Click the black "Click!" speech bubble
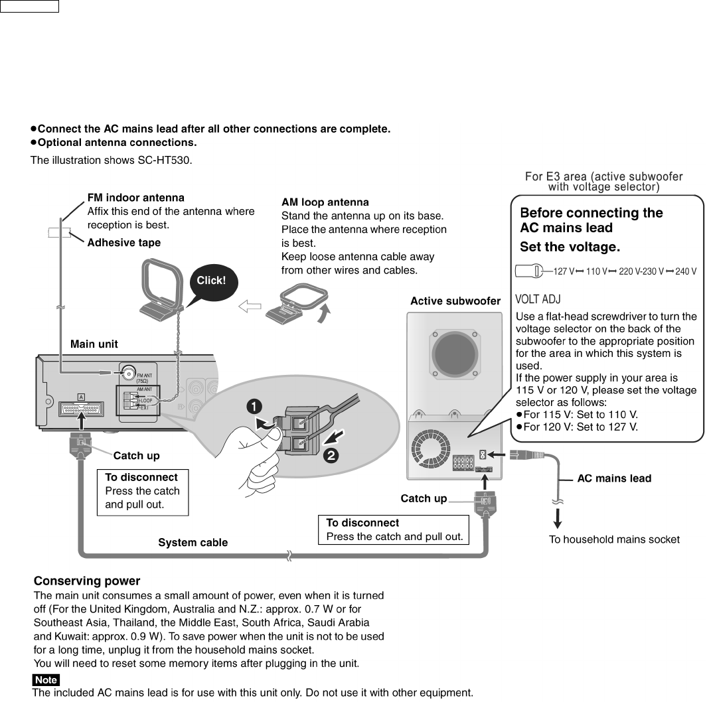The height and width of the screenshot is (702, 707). point(211,281)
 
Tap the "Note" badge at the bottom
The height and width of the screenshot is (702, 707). point(46,680)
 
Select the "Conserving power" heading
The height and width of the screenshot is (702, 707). point(87,581)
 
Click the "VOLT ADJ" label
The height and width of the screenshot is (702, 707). point(538,299)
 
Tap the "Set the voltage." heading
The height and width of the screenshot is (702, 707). point(570,247)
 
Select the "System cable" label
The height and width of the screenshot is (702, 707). point(193,543)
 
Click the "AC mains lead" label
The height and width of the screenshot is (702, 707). point(614,478)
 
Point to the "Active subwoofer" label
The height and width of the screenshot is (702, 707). point(455,301)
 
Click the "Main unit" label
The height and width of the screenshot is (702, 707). point(94,344)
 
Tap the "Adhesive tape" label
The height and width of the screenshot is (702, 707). point(124,243)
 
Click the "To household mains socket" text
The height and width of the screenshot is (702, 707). point(613,539)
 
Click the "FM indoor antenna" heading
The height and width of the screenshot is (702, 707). point(136,198)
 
